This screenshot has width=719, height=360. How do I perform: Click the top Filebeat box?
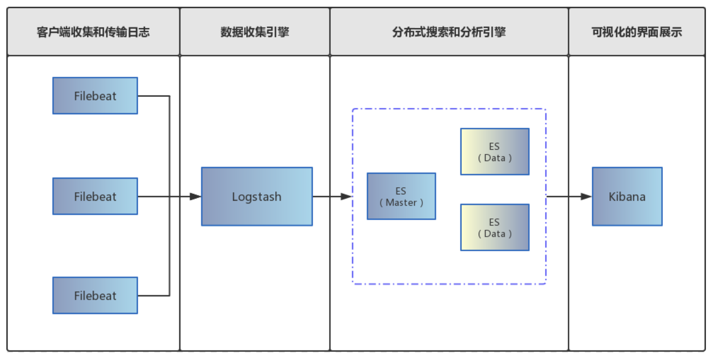95,96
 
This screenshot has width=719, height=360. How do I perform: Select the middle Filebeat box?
95,196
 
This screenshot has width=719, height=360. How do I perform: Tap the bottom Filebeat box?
95,296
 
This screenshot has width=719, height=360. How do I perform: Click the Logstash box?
257,196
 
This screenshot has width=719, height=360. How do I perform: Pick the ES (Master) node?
401,196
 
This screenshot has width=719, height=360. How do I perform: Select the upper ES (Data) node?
494,152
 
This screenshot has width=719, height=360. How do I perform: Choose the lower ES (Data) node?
494,228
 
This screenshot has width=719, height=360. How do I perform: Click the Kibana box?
627,196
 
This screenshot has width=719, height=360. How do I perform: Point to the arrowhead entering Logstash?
195,196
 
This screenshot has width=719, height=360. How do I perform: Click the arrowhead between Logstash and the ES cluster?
346,196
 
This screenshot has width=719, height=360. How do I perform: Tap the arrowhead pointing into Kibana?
586,196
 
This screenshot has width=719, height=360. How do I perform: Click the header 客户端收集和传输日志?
93,32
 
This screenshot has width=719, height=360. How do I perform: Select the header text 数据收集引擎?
255,32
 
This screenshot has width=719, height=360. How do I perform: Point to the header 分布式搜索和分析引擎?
449,32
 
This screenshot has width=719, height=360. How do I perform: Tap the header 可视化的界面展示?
636,32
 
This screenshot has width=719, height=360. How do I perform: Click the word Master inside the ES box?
401,203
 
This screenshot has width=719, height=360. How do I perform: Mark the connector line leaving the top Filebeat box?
154,96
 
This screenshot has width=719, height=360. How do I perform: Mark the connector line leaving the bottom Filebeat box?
154,296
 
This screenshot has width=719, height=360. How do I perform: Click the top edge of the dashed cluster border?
449,109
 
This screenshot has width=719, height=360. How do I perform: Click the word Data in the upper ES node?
495,158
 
